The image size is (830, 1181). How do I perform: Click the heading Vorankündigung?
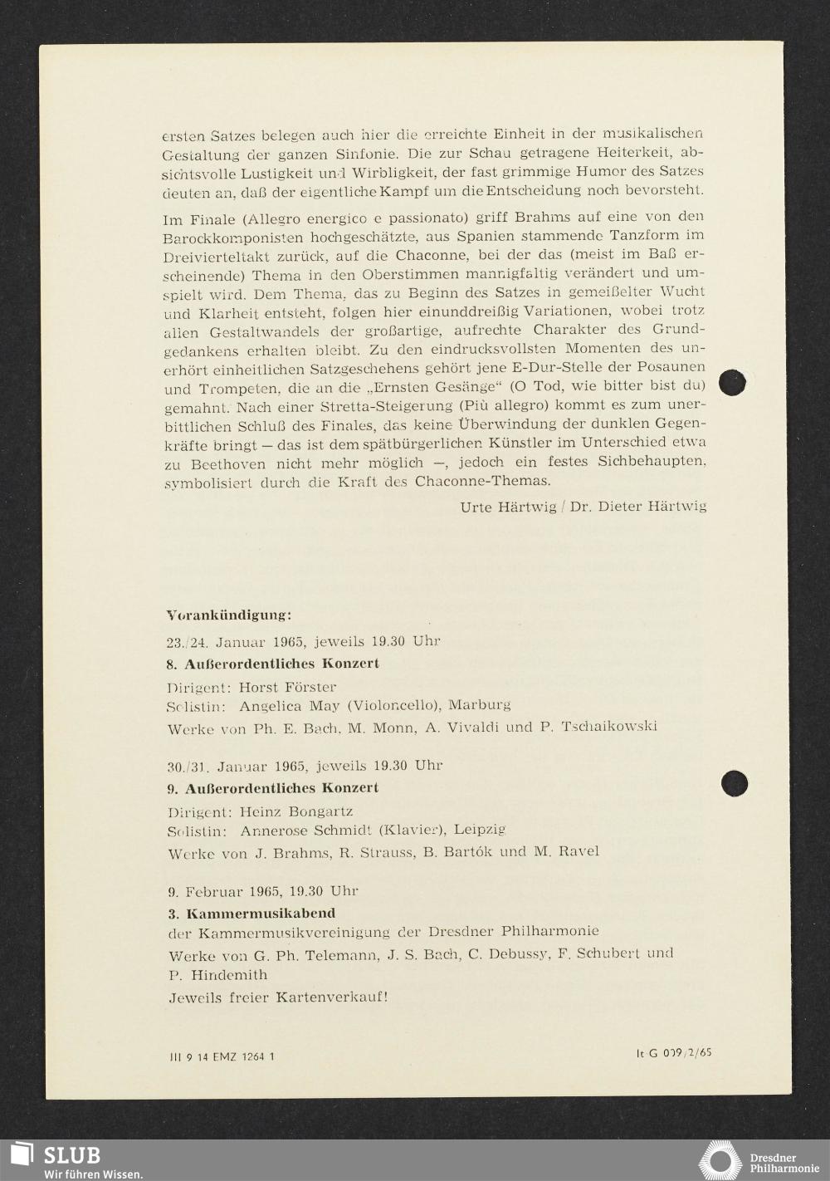(x=228, y=616)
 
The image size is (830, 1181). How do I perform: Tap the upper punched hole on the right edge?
(x=732, y=383)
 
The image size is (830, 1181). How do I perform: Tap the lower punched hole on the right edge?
(x=734, y=783)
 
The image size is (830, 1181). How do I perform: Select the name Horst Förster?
(x=287, y=687)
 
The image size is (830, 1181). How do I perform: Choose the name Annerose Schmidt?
(x=305, y=830)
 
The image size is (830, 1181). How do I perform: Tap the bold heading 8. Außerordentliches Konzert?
(x=272, y=664)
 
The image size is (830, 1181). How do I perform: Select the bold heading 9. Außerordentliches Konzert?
(x=272, y=787)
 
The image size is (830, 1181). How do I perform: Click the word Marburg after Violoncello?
(x=480, y=705)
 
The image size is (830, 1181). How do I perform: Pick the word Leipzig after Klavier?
(x=480, y=830)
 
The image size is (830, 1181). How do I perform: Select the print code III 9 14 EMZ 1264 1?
(x=221, y=1056)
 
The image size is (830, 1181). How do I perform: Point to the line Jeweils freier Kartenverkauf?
(x=278, y=997)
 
